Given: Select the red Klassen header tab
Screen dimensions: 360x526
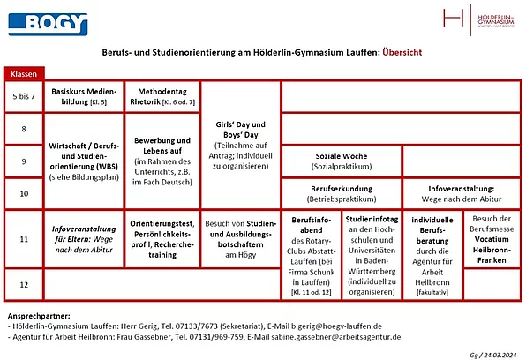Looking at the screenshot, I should coord(24,74).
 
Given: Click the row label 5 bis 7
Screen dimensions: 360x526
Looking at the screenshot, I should coord(24,97).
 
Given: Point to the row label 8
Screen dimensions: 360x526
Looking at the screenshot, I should coord(24,130).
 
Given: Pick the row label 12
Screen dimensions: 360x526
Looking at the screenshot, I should coord(24,284).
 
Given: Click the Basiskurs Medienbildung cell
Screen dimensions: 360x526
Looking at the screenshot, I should coord(85,97).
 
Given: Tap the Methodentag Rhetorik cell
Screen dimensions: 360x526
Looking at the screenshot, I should coord(162,97).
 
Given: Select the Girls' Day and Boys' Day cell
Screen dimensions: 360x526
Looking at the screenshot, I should coord(240,145).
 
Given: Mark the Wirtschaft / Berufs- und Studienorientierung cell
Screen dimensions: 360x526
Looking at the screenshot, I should coord(85,161).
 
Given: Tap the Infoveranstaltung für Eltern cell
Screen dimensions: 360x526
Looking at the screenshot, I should coord(85,238).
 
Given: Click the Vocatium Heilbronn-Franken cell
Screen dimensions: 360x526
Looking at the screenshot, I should coord(492,237).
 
